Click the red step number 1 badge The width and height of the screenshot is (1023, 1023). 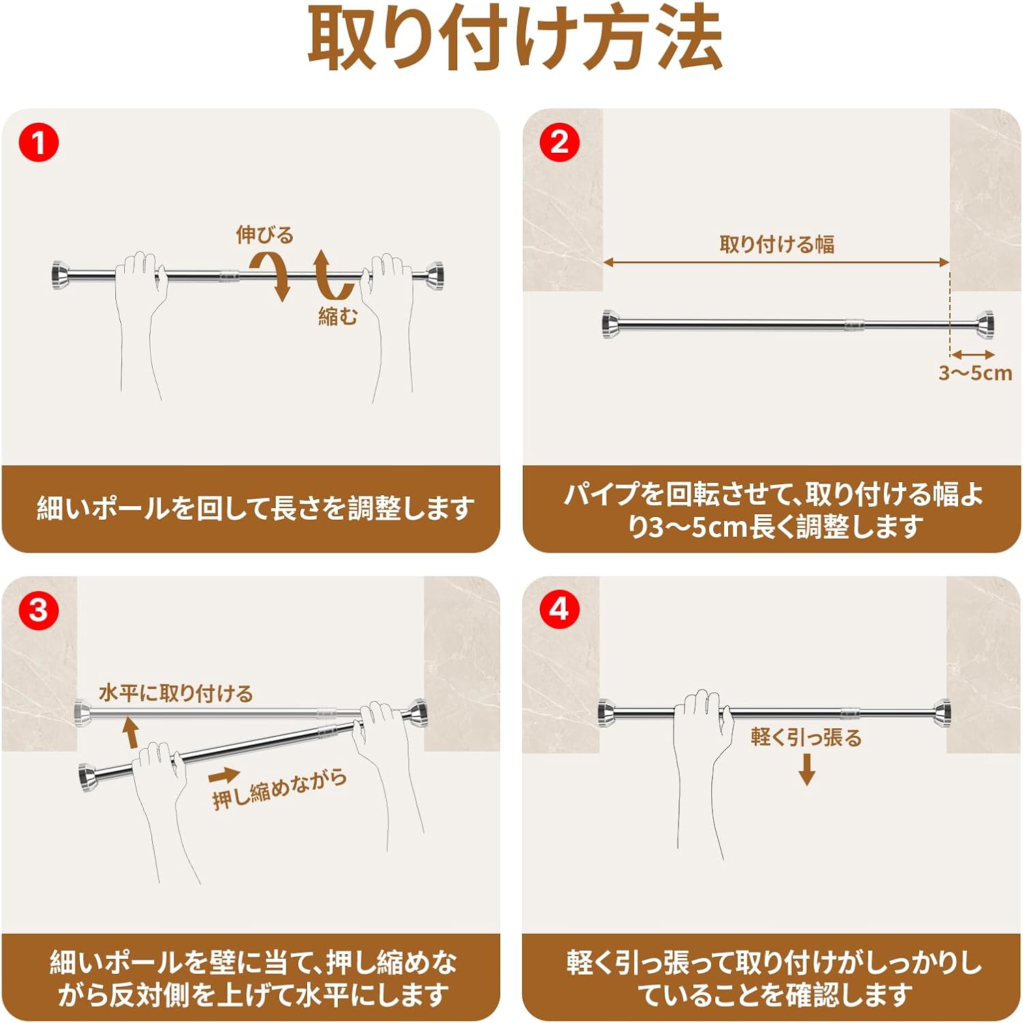click(39, 143)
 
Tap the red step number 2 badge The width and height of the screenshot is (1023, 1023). click(559, 143)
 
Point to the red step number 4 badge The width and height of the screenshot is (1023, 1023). click(559, 609)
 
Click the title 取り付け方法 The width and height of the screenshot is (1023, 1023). click(515, 39)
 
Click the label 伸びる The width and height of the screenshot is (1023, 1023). click(265, 235)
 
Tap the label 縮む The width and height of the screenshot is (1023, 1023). click(338, 316)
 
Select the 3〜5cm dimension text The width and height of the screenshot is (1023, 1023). click(975, 373)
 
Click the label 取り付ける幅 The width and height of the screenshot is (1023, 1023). click(777, 244)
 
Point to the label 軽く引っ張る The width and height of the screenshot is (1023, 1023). click(806, 737)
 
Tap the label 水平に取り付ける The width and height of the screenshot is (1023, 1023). click(176, 694)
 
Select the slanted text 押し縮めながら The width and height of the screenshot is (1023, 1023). click(279, 790)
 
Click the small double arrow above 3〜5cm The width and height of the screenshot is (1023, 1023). click(973, 354)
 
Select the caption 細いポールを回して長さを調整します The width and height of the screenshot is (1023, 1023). click(255, 508)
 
